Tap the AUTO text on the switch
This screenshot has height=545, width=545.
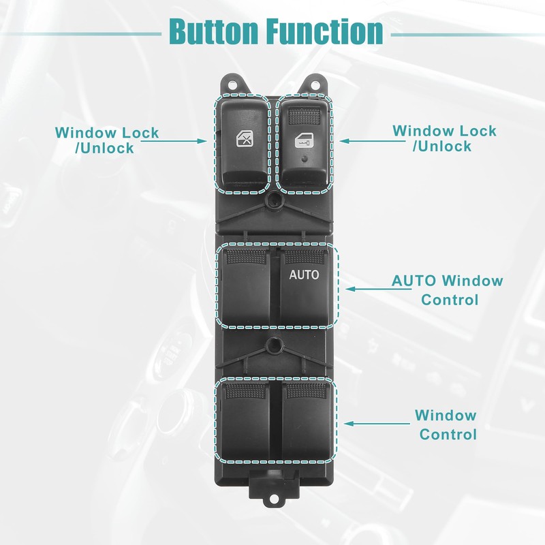(x=304, y=276)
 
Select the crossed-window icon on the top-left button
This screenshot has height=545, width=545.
(x=244, y=140)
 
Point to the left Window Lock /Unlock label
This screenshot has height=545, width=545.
(x=107, y=140)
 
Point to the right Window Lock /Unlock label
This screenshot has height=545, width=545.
(x=444, y=138)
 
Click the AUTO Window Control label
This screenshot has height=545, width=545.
(x=447, y=290)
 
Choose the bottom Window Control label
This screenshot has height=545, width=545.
(x=447, y=424)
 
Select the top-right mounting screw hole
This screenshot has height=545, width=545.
(x=315, y=83)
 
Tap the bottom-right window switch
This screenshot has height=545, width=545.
(x=307, y=422)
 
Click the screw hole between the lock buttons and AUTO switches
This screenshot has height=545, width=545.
(x=274, y=202)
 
